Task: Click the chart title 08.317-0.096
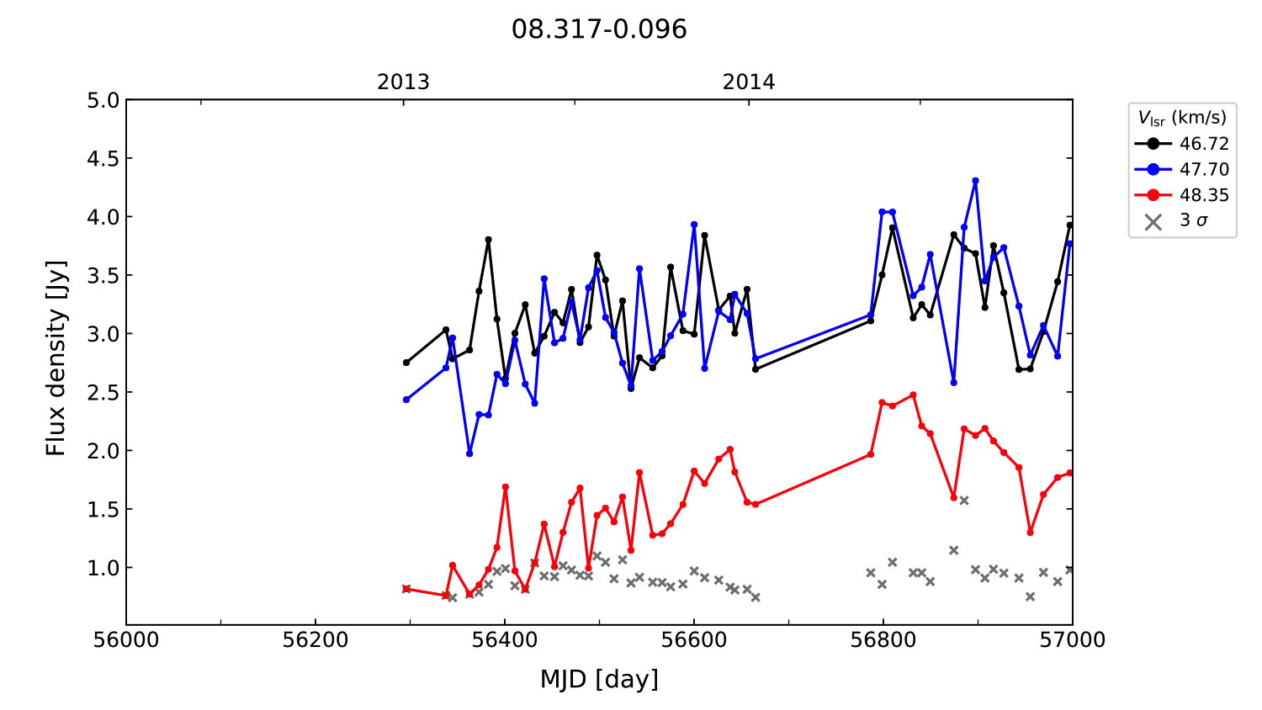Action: (x=599, y=29)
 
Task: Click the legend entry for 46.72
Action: (x=1203, y=144)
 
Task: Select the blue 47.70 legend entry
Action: (x=1203, y=169)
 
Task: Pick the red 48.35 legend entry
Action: (x=1203, y=195)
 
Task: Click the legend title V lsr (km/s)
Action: (x=1182, y=118)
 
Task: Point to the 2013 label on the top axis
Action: (x=403, y=82)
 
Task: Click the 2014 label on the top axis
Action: (x=749, y=82)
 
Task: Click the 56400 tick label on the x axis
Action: (x=505, y=640)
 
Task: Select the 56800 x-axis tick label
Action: (x=883, y=640)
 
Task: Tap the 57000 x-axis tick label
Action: (x=1072, y=640)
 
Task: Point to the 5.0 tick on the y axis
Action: (x=103, y=101)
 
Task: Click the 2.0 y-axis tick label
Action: (x=103, y=451)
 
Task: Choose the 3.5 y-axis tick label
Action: (x=103, y=276)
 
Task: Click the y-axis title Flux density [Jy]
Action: (x=56, y=358)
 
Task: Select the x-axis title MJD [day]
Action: (x=599, y=679)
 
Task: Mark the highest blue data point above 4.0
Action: (x=975, y=181)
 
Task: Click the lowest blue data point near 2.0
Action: (x=469, y=453)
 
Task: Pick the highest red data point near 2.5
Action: (x=913, y=395)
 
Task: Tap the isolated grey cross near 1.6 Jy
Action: (x=964, y=501)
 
